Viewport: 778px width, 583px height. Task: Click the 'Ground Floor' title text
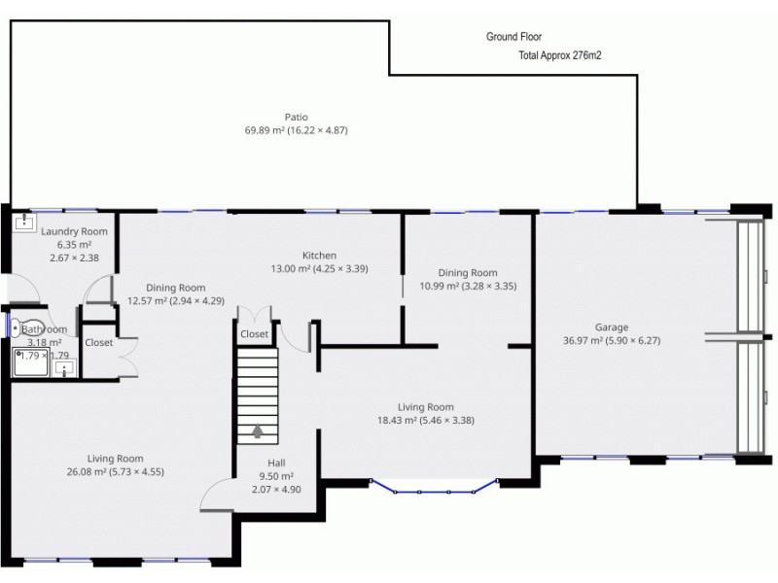click(514, 37)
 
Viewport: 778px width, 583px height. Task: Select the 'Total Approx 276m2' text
click(560, 56)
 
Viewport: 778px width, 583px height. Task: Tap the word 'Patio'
click(297, 117)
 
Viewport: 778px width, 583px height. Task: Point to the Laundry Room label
click(74, 231)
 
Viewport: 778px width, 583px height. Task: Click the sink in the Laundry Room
click(23, 222)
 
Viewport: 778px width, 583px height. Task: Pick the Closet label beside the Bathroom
click(99, 343)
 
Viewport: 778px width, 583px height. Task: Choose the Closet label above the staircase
click(255, 334)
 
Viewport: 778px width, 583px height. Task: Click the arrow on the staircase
click(259, 430)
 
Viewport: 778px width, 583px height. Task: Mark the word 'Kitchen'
click(319, 256)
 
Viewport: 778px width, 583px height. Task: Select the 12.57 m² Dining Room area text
click(176, 300)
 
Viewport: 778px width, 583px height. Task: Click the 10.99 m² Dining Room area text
click(468, 286)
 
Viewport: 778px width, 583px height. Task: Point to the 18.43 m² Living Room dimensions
click(426, 420)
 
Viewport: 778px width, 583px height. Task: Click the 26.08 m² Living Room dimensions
click(116, 471)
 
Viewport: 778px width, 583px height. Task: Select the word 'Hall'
click(276, 463)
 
